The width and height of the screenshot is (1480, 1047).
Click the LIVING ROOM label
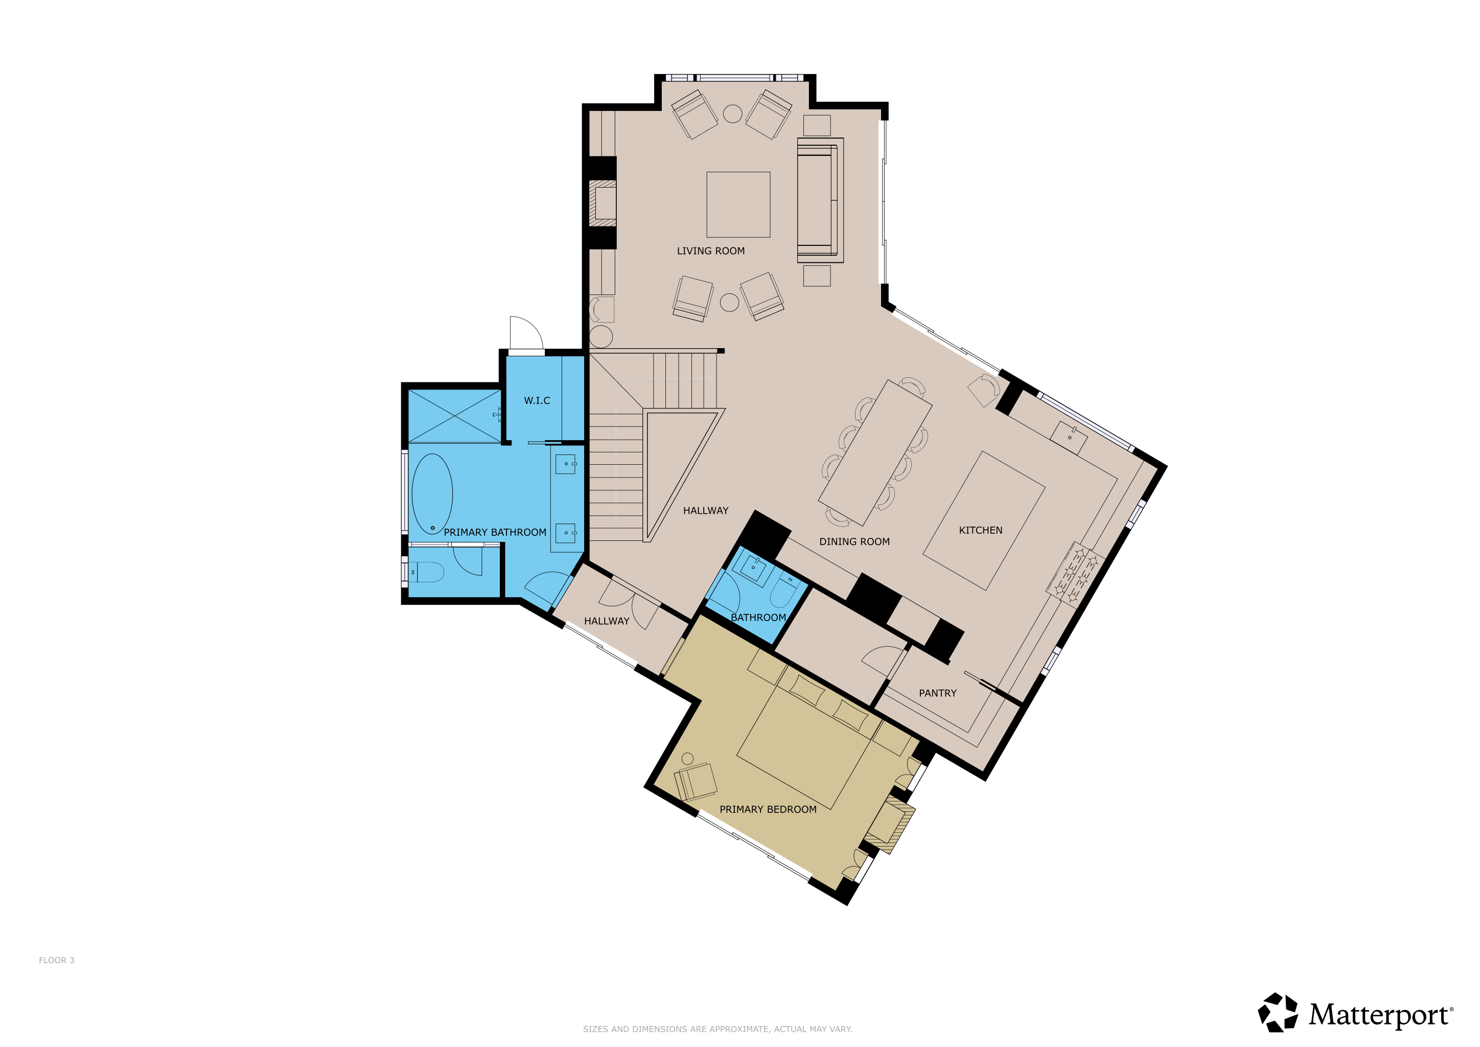(710, 251)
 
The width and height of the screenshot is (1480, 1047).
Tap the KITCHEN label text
(980, 530)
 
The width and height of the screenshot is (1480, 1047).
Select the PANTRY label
(937, 693)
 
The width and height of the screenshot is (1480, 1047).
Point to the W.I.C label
(537, 400)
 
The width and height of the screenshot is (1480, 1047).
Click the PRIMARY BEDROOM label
(768, 809)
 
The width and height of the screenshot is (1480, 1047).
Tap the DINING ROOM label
(854, 541)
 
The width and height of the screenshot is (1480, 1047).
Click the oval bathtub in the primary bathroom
(432, 494)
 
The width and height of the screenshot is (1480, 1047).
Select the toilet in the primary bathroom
(427, 572)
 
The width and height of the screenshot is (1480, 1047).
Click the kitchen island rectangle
(984, 521)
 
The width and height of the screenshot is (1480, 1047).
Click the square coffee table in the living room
(738, 204)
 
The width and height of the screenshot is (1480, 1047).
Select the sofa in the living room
(820, 200)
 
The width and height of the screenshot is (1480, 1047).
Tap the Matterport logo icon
(1278, 1012)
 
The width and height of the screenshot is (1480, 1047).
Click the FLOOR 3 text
(57, 960)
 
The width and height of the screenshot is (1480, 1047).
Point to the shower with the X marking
(454, 416)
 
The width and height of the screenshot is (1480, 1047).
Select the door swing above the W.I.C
(526, 333)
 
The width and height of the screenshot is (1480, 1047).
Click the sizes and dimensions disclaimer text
(718, 1029)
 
